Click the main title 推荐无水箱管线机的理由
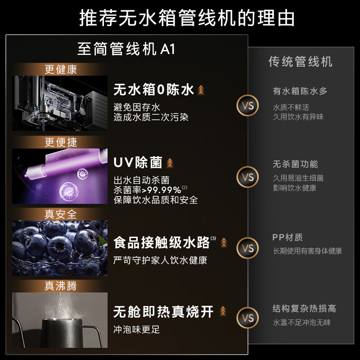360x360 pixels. coord(180,18)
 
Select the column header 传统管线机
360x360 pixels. coord(301,61)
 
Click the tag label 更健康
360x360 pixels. coord(61,70)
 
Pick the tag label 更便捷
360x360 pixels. coord(61,143)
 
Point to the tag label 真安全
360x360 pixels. coord(61,214)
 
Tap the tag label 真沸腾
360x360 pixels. coord(61,286)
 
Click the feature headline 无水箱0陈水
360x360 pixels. coord(153,90)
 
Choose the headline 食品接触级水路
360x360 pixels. coord(162,243)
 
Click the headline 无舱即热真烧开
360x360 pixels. coord(163,312)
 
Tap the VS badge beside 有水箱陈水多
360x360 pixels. coord(248,106)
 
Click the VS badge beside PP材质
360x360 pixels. coord(248,248)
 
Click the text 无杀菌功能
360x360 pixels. coord(295,164)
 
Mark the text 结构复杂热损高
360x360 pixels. coord(304,309)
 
